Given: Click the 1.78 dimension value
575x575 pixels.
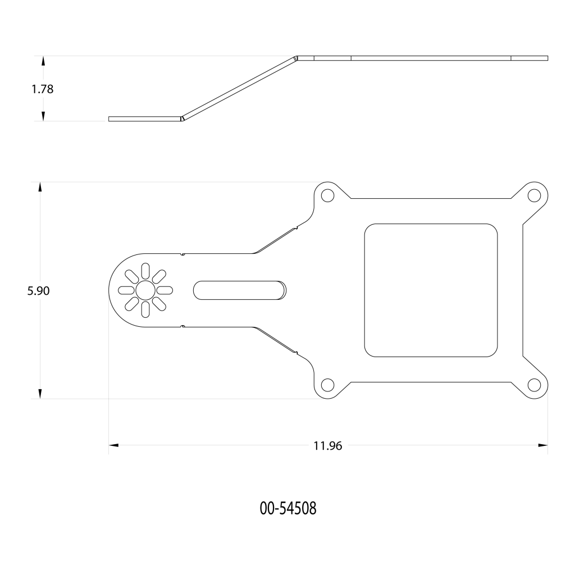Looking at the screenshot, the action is (x=43, y=89).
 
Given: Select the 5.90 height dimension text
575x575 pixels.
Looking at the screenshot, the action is (x=38, y=291).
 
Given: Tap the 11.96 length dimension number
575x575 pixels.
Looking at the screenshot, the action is (x=327, y=446).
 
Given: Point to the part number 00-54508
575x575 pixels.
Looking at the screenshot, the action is (x=288, y=509).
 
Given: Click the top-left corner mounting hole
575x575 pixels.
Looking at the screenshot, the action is (x=327, y=195).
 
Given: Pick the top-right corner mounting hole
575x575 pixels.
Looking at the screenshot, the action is (x=534, y=195).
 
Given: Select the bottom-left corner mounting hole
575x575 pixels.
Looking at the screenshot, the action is (x=327, y=385).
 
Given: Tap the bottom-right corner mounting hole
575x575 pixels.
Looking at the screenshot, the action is (x=534, y=385).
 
